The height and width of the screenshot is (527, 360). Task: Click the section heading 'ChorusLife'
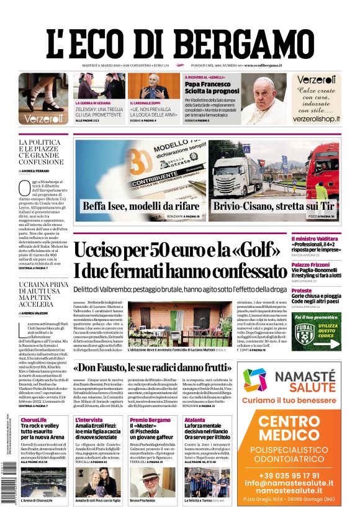click(x=34, y=420)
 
